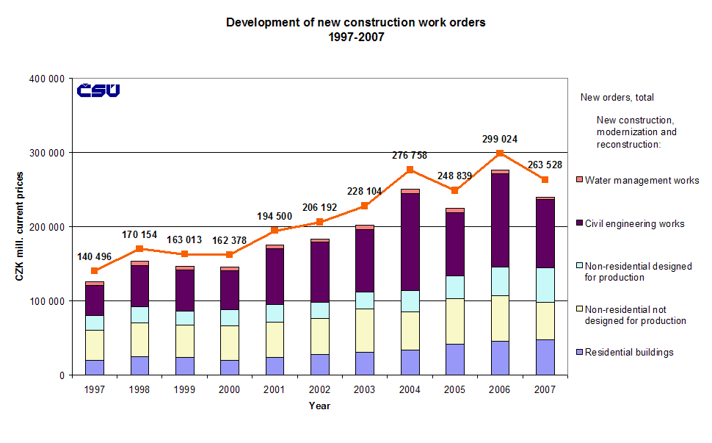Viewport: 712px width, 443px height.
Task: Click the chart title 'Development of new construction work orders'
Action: coord(355,23)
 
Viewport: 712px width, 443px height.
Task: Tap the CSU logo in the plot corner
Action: coord(98,90)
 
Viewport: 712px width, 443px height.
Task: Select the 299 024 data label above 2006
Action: coord(498,138)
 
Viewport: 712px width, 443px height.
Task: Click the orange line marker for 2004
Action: coord(410,170)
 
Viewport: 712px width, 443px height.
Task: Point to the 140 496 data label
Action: coord(95,256)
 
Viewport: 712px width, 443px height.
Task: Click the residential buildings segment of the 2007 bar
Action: coord(545,357)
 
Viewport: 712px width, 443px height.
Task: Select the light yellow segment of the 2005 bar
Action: coord(454,321)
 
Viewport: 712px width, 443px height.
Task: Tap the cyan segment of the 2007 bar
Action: coord(545,285)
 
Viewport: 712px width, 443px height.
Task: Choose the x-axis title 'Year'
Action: coord(319,406)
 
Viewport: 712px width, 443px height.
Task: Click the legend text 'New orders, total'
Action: coord(617,97)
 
